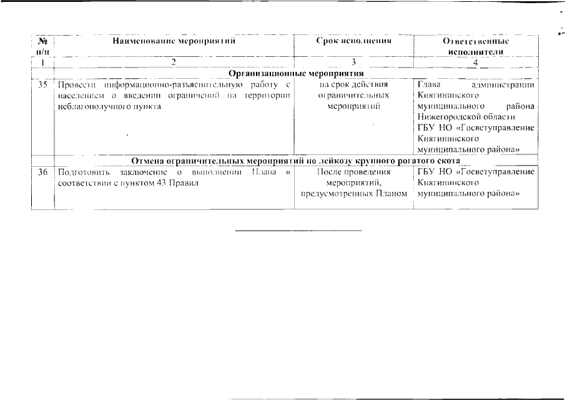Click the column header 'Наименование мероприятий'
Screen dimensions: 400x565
point(174,41)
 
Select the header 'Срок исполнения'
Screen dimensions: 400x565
point(354,41)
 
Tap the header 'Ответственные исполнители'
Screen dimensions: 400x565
point(476,46)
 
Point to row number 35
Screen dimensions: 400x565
point(42,84)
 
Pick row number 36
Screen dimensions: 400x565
point(42,172)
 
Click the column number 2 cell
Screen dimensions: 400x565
point(174,62)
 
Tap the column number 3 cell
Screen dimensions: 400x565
point(353,62)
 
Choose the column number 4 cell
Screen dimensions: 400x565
point(476,62)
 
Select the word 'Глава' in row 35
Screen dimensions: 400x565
point(429,84)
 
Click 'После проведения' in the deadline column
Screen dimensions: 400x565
point(353,172)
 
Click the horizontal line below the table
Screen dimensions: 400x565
point(298,231)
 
